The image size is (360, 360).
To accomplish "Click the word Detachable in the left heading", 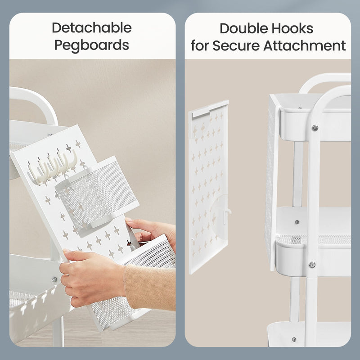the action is (92, 28).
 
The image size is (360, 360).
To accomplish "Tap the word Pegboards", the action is (92, 45).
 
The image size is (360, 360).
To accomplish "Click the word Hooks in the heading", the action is (293, 28).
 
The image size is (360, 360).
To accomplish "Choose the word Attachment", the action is (305, 45).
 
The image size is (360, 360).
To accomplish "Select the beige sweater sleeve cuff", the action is (149, 287).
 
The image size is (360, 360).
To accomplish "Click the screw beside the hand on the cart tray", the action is (54, 279).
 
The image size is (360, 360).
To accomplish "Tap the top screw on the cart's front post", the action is (315, 128).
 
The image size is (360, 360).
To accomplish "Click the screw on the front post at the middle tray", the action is (312, 265).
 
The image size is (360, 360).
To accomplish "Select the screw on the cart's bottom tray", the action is (294, 339).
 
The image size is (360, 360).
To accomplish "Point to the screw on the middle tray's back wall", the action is (297, 222).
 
